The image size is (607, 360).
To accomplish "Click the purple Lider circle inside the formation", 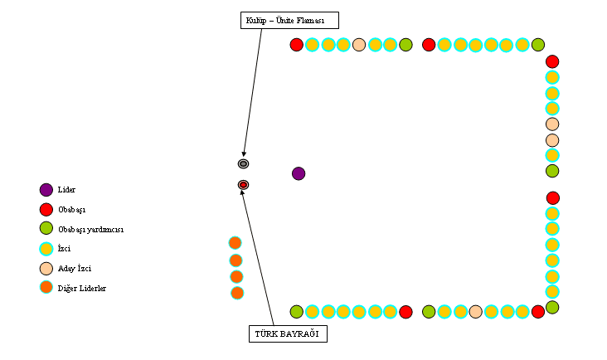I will pos(299,173).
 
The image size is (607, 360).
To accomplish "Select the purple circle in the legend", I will pos(46,190).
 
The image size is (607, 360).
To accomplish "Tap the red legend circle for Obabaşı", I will pos(46,209).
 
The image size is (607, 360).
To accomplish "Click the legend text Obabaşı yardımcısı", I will pos(90,229).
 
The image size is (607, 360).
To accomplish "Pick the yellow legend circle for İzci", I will pos(46,248).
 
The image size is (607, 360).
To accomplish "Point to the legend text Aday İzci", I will pos(75,268).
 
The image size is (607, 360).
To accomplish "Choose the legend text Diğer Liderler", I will pos(81,288).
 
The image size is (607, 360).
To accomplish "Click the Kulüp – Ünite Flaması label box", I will pos(289,20).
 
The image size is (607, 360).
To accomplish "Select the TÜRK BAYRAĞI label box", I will pos(288,333).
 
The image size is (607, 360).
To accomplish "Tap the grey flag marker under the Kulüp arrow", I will pos(244,163).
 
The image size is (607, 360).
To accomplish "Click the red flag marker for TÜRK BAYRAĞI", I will pos(244,184).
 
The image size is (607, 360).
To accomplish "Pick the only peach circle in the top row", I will pos(359,45).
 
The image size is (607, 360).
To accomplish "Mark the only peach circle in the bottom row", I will pos(475,312).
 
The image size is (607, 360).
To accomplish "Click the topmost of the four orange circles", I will pos(235,243).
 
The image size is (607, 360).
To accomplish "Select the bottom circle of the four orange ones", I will pos(237,293).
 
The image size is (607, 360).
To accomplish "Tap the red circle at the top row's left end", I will pos(297,45).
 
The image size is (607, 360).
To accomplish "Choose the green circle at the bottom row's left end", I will pos(297,312).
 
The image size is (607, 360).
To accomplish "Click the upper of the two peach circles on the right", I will pos(552,124).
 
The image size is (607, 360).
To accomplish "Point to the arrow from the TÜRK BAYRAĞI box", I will pos(259,256).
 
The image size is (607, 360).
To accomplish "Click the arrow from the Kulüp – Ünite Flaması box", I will pos(253,92).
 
